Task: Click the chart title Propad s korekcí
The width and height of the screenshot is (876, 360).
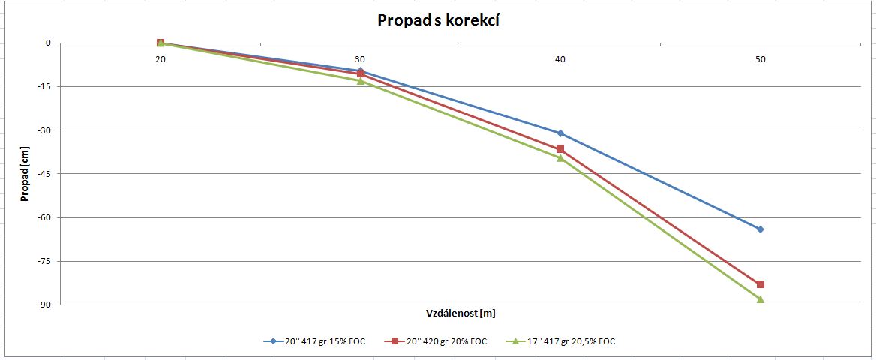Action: [439, 21]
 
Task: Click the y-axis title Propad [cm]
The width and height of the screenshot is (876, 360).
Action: [25, 174]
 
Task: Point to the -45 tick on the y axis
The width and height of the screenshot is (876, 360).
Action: [43, 174]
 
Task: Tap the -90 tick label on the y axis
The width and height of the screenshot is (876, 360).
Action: [43, 305]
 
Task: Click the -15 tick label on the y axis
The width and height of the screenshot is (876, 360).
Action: [43, 87]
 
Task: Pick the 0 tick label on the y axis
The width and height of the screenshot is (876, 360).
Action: [48, 43]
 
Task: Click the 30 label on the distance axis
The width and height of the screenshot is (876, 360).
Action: [360, 59]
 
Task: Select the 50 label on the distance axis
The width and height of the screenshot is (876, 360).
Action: [760, 59]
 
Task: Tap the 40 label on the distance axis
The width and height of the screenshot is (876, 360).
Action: [560, 59]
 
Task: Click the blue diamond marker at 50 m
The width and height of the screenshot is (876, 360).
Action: [760, 229]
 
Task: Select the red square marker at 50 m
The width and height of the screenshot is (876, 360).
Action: [760, 284]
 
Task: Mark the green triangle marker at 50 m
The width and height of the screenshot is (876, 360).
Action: [760, 299]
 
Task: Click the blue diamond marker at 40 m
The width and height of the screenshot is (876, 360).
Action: [560, 133]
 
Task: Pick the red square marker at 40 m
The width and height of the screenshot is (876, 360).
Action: [560, 149]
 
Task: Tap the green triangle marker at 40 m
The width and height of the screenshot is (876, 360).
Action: [560, 157]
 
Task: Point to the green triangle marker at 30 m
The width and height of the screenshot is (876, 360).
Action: [360, 80]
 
